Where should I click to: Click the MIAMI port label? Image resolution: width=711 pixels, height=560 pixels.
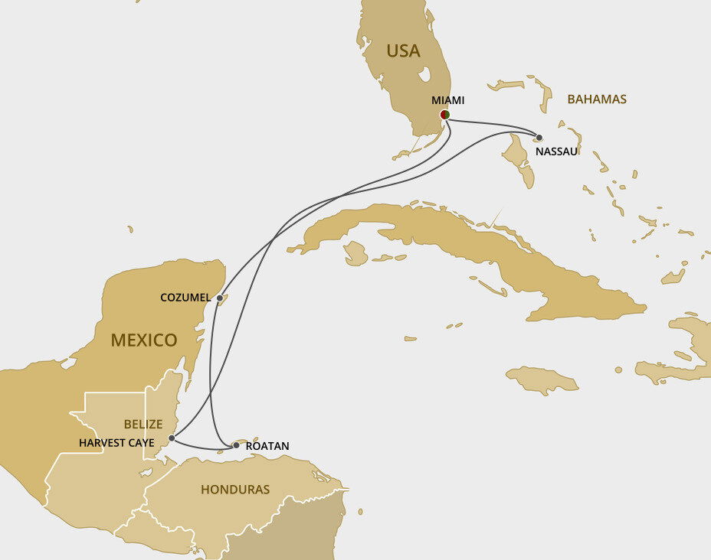447,100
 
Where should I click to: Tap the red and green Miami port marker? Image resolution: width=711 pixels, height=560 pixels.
444,115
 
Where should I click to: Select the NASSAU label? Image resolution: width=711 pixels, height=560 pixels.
556,151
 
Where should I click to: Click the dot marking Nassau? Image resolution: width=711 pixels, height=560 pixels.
539,138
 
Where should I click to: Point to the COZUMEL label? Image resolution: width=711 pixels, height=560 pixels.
185,297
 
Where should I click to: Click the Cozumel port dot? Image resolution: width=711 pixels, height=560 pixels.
220,298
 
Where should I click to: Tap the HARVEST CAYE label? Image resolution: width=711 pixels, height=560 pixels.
116,443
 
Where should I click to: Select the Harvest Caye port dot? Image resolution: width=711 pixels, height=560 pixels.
172,438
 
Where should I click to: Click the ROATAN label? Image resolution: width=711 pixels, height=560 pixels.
267,445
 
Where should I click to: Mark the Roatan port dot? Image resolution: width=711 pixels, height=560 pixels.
236,444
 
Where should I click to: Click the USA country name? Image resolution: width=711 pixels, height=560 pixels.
403,51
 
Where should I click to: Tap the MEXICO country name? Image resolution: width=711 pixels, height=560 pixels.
144,340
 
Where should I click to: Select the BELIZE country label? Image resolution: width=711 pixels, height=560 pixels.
143,424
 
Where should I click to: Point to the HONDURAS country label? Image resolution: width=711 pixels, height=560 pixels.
235,489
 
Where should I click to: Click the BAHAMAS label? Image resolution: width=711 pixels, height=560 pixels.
597,99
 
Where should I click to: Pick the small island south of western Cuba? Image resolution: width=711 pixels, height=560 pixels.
355,253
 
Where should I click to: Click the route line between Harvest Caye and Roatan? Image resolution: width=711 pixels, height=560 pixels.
201,448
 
